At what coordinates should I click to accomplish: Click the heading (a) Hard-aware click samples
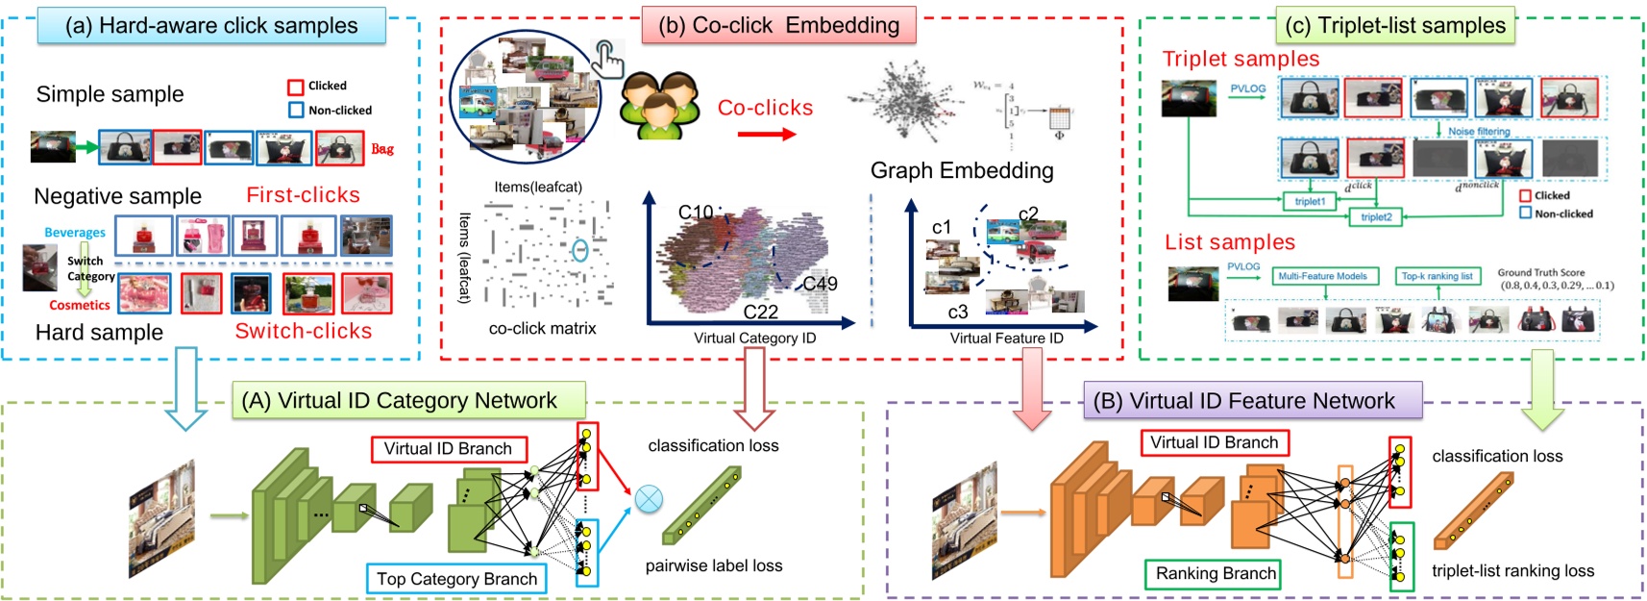(211, 26)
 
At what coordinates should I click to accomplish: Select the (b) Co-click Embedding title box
(778, 26)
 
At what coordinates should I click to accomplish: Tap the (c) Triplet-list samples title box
(1396, 26)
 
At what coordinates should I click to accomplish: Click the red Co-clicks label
(765, 108)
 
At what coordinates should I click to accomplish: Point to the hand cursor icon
(608, 58)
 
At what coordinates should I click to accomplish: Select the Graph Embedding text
(962, 170)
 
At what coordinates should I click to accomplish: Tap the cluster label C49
(820, 284)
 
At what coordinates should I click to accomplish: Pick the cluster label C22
(760, 312)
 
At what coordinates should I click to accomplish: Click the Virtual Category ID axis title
(754, 338)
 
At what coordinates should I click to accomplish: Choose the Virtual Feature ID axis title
(1006, 338)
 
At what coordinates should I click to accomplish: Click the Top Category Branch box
(456, 579)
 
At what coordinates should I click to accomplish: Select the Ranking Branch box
(1216, 574)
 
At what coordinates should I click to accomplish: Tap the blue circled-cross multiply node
(650, 499)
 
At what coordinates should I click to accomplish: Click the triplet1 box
(1309, 201)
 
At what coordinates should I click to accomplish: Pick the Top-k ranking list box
(1437, 276)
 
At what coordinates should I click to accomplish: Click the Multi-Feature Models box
(1322, 276)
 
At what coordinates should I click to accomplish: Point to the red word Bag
(382, 149)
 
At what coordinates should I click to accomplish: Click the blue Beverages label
(75, 233)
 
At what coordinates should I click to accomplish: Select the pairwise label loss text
(713, 565)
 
